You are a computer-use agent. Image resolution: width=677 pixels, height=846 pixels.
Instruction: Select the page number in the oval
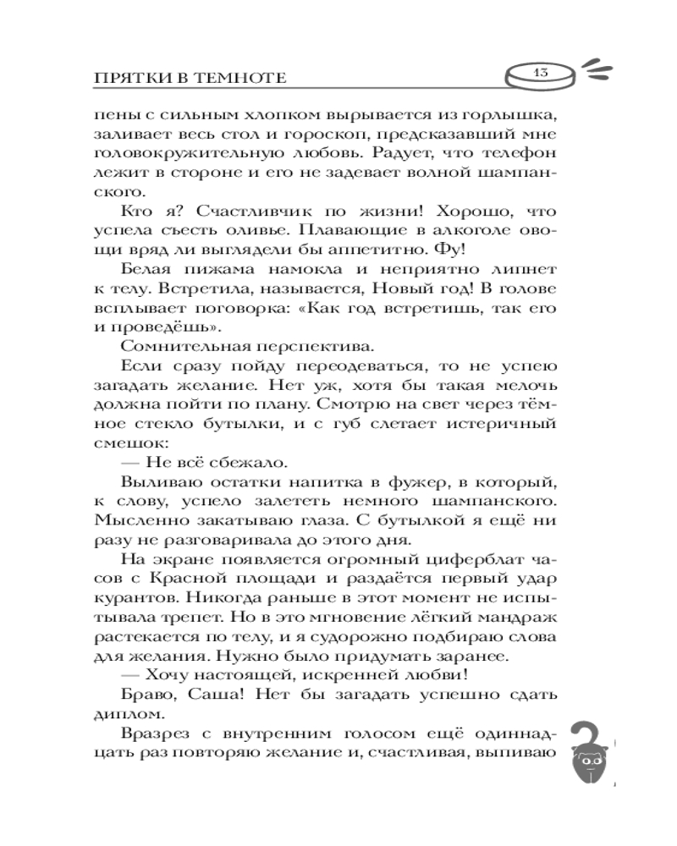539,74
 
